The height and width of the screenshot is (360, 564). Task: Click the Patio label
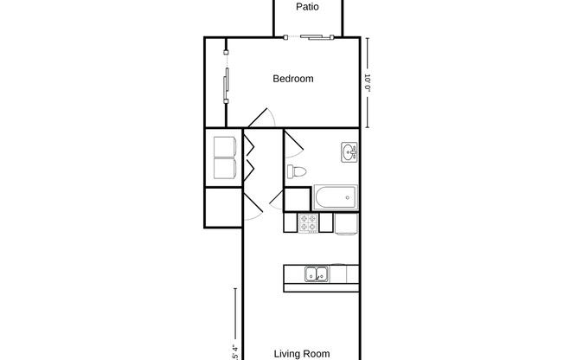click(307, 7)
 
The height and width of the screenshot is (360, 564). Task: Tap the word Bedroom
click(293, 79)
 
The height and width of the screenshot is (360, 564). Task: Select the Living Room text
click(302, 353)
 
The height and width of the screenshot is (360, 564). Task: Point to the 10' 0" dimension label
click(368, 84)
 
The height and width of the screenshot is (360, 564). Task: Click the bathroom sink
click(349, 153)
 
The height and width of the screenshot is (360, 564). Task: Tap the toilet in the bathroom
click(297, 171)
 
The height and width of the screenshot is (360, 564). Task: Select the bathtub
click(336, 197)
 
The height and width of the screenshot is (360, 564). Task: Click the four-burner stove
click(308, 222)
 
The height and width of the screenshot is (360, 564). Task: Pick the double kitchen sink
click(316, 275)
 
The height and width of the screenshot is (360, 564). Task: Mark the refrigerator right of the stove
click(347, 222)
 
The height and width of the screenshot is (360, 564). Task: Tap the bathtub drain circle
click(348, 198)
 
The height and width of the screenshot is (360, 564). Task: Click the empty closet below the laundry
click(223, 206)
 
